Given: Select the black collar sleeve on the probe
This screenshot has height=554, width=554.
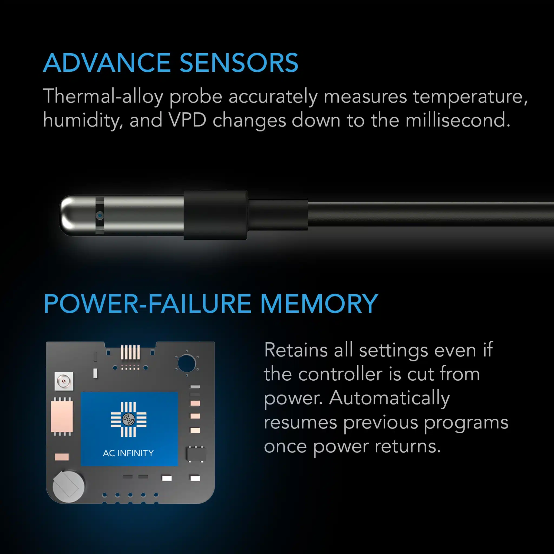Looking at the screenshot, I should coord(215,215).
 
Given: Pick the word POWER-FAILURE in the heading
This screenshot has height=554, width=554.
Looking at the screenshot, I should coord(147,304).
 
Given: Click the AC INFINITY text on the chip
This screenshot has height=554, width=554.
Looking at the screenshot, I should coord(128,453).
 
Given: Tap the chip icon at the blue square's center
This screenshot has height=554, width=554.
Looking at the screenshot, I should coord(128,419).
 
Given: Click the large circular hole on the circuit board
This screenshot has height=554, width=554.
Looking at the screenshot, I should coord(186,363).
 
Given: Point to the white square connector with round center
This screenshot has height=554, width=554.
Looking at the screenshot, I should coord(64,381).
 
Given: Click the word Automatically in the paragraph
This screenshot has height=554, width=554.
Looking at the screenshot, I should coord(390,398).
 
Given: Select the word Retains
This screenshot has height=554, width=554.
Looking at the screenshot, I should coord(296,350).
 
